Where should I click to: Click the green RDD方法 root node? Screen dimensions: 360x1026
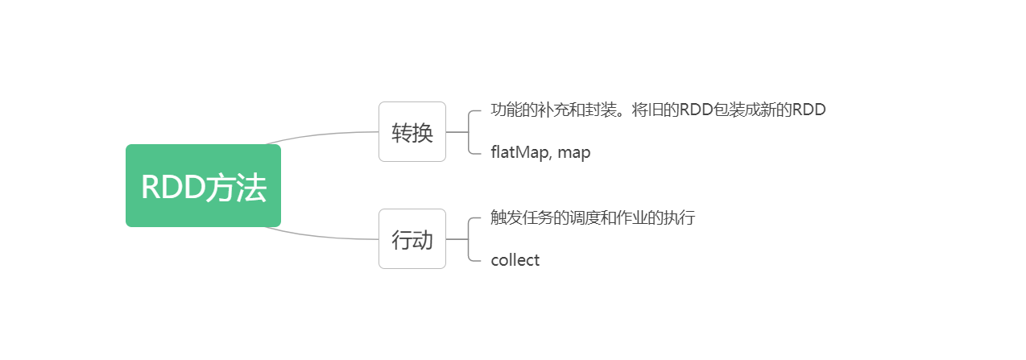[203, 186]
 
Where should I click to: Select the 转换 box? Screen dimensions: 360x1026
[412, 131]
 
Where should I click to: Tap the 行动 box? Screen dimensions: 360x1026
[412, 239]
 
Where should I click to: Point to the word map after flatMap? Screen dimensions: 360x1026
[574, 152]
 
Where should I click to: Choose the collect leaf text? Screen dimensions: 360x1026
[515, 260]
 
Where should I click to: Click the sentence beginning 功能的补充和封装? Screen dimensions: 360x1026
[658, 110]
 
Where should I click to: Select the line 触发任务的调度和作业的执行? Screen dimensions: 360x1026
[592, 218]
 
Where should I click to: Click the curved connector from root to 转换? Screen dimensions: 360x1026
[322, 134]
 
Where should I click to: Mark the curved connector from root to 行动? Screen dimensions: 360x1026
[322, 236]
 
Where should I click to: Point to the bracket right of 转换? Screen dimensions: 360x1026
[470, 131]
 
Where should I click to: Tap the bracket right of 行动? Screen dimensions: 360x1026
[470, 239]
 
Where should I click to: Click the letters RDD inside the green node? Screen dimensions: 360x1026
[172, 188]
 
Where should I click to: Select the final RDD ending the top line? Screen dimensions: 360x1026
[809, 110]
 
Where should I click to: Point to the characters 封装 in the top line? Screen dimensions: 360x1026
[592, 110]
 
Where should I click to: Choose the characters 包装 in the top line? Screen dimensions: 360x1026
[730, 110]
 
